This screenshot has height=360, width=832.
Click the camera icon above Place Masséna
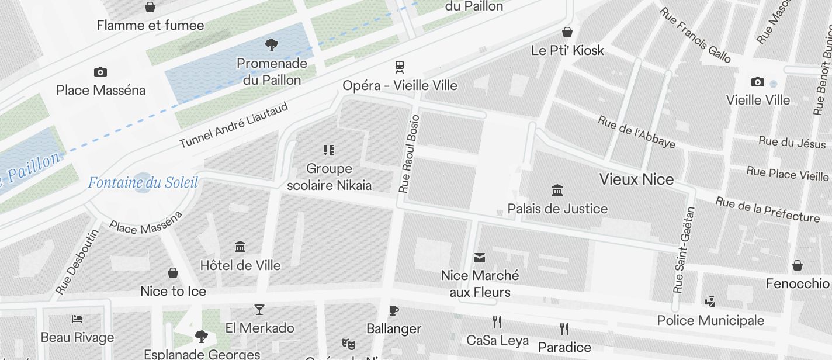click(x=100, y=72)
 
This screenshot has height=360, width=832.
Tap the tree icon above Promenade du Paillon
click(x=271, y=44)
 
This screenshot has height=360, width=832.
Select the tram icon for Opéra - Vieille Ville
click(x=400, y=67)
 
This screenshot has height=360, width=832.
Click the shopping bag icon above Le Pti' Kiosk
click(x=567, y=32)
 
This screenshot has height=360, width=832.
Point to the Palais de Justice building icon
click(x=557, y=190)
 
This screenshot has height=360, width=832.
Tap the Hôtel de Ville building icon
click(x=240, y=247)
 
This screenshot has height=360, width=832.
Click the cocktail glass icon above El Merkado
click(x=259, y=309)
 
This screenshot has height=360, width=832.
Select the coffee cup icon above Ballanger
click(x=394, y=310)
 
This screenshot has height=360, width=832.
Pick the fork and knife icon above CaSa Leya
click(x=497, y=321)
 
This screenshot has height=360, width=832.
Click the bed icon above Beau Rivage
click(x=77, y=319)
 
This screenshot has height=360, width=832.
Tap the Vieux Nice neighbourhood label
click(x=636, y=179)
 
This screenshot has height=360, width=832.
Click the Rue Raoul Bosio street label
click(x=408, y=154)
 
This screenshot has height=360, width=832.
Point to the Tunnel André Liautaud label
click(x=234, y=126)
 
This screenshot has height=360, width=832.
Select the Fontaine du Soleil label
click(x=143, y=183)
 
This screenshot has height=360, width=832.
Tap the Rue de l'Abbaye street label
click(x=636, y=132)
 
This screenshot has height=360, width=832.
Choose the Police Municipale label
click(x=710, y=320)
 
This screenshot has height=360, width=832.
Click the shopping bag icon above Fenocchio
click(x=798, y=266)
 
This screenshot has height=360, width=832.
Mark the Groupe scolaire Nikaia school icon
click(x=329, y=150)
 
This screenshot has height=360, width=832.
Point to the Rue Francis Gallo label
click(x=695, y=35)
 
